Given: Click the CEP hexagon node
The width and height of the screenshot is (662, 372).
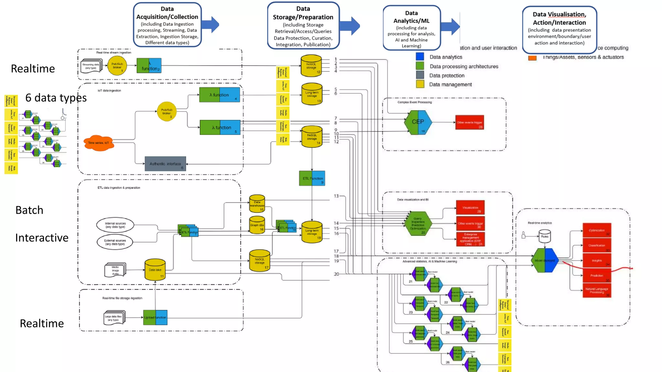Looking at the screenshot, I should pyautogui.click(x=418, y=122).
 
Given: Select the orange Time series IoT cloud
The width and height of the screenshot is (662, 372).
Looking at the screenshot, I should pyautogui.click(x=99, y=143).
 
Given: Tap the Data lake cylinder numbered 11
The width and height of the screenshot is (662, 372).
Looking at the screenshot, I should pyautogui.click(x=155, y=270).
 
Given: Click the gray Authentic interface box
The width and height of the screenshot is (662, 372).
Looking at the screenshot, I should pyautogui.click(x=165, y=164).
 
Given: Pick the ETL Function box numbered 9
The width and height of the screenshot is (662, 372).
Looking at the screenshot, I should pyautogui.click(x=312, y=178).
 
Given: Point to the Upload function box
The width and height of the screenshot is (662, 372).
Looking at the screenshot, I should pyautogui.click(x=155, y=317).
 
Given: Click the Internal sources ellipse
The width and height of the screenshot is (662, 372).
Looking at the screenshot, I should pyautogui.click(x=115, y=225).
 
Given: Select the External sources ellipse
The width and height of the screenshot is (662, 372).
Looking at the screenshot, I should pyautogui.click(x=115, y=242).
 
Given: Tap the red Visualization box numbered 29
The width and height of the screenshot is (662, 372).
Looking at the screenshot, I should pyautogui.click(x=470, y=208).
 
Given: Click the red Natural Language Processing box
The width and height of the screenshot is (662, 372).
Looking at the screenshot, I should pyautogui.click(x=596, y=290).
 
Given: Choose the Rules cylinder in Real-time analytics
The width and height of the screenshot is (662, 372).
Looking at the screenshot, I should pyautogui.click(x=545, y=236).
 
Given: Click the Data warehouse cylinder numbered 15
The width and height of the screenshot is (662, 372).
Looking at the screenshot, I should pyautogui.click(x=257, y=204).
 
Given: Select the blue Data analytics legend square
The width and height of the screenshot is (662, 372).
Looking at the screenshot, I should pyautogui.click(x=420, y=57).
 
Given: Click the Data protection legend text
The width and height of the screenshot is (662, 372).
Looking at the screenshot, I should pyautogui.click(x=447, y=76).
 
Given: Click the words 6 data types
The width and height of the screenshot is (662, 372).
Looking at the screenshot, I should pyautogui.click(x=56, y=98).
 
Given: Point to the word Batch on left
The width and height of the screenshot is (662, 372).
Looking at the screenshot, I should pyautogui.click(x=29, y=210).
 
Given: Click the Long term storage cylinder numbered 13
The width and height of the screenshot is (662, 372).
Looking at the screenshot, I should pyautogui.click(x=312, y=94).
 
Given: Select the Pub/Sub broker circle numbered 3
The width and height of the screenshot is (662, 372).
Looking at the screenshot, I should pyautogui.click(x=167, y=112).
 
